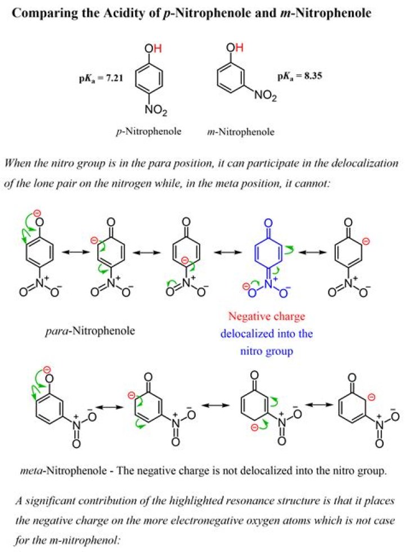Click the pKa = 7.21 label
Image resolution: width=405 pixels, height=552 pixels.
101,78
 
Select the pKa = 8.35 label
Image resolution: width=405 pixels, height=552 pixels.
300,76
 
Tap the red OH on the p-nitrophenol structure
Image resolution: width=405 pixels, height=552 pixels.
153,48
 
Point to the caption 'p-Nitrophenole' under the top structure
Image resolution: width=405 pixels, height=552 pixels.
148,131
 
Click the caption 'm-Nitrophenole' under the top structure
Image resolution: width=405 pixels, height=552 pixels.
241,132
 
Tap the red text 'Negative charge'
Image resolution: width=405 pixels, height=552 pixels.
267,316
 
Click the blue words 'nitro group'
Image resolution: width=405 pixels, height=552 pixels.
267,351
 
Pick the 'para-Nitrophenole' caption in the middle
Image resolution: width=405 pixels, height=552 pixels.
91,331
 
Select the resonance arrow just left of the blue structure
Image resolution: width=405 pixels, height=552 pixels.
228,252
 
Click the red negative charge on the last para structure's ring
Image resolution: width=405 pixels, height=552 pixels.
367,241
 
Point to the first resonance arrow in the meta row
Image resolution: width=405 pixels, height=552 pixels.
110,407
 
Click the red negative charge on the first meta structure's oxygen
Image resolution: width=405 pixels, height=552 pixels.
47,370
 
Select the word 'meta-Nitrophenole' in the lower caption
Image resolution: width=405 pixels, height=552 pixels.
63,471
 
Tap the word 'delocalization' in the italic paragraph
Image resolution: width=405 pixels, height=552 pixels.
367,164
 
